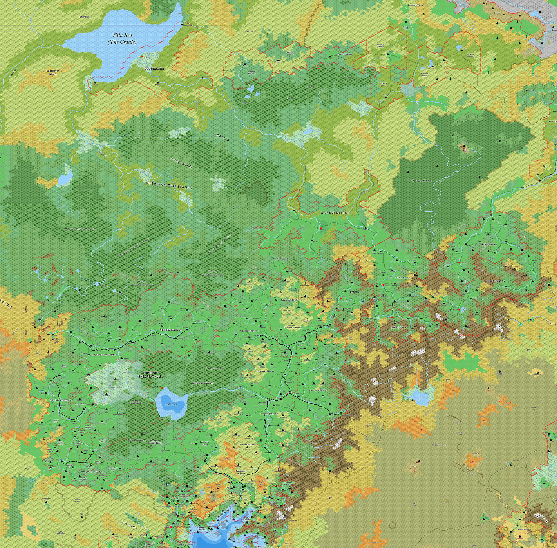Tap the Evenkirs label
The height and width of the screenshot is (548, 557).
[85, 17]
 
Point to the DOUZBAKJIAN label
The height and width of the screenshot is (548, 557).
[154, 69]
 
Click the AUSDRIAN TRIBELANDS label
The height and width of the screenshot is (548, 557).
[169, 185]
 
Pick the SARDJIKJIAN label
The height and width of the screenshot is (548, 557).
[334, 212]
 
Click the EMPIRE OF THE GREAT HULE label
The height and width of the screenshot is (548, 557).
[150, 375]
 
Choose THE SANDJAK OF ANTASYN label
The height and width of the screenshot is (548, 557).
[104, 355]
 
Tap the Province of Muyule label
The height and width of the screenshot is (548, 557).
[266, 371]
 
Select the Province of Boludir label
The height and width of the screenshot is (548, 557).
[269, 414]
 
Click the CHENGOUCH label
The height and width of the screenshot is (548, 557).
[398, 327]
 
